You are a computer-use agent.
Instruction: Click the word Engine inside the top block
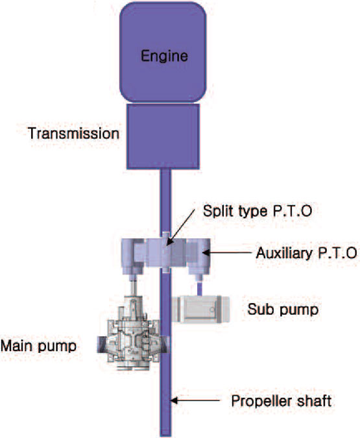point(164,56)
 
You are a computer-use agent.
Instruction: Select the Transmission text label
point(73,133)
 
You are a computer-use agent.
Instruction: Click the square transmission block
point(163,137)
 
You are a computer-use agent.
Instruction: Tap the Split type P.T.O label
point(258,212)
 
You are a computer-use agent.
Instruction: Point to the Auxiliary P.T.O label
point(306,253)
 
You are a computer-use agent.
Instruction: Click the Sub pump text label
point(283,310)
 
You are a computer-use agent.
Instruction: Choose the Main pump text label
point(38,347)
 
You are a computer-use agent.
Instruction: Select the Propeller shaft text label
point(282,401)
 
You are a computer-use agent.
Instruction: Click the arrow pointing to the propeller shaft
point(195,400)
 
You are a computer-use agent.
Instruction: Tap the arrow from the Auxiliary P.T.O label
point(226,252)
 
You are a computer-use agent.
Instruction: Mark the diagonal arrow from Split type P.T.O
point(181,228)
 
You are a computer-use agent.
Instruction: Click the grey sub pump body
point(200,310)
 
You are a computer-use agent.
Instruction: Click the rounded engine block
point(163,52)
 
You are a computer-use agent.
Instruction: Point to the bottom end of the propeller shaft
point(165,435)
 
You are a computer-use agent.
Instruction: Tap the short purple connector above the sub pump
point(200,289)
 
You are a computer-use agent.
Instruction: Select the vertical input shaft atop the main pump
point(134,287)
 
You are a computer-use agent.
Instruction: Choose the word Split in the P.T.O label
point(217,211)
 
